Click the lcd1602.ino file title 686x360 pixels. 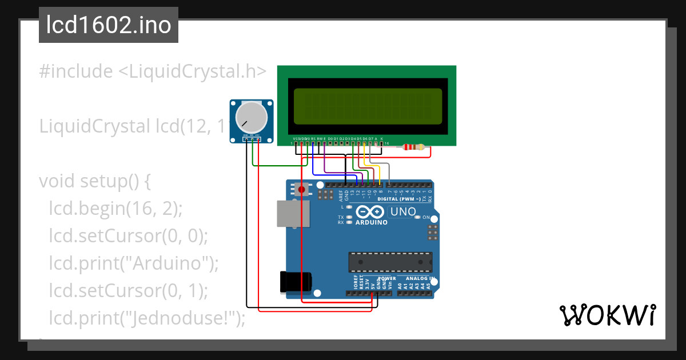coord(109,25)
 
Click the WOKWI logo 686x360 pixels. coord(607,315)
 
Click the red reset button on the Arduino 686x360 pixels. coord(301,189)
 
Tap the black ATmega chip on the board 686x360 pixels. coord(390,261)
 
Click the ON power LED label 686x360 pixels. coord(426,218)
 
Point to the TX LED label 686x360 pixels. coord(341,218)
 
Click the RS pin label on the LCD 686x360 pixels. coord(313,139)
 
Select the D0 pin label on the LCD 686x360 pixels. coord(330,139)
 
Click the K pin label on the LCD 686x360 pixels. coord(381,139)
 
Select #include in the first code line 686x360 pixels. coord(75,71)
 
